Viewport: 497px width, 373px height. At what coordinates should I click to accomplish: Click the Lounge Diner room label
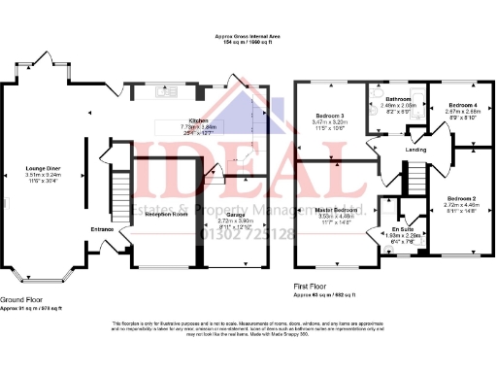(42, 168)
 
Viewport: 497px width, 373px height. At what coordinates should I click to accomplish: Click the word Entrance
(103, 229)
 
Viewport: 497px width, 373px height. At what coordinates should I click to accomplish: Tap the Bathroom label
(399, 99)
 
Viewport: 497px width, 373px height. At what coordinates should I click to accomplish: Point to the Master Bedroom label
(339, 210)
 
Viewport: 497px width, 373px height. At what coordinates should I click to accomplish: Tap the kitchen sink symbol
(163, 94)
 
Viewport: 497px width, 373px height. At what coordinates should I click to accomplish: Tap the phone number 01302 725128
(246, 234)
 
